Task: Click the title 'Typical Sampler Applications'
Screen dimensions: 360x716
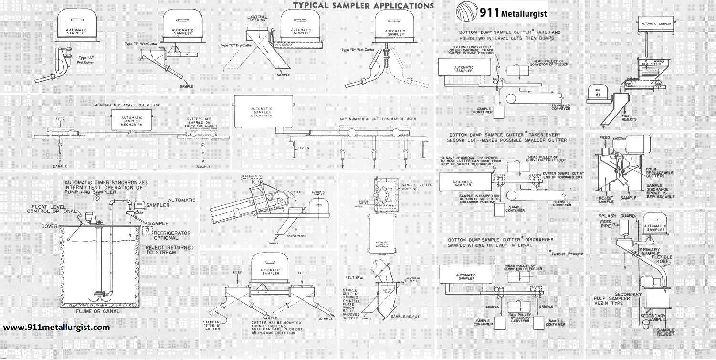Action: point(363,5)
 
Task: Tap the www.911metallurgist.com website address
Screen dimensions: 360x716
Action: point(57,328)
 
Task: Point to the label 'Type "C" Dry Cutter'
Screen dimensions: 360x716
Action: point(236,45)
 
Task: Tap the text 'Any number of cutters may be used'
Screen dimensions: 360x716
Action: point(378,119)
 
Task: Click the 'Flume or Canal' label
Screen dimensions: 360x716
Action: point(98,311)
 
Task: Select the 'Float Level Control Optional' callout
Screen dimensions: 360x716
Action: point(51,209)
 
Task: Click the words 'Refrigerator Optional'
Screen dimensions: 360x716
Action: point(175,235)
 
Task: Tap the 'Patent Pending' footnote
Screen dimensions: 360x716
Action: point(567,254)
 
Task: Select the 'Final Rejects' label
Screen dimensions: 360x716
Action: point(630,117)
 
